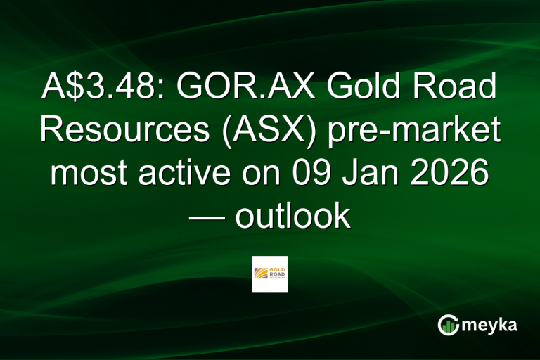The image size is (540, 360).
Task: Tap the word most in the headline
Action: click(88, 174)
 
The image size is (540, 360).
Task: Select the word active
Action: click(186, 174)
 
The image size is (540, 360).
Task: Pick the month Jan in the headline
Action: click(380, 174)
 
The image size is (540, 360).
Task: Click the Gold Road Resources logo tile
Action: click(270, 274)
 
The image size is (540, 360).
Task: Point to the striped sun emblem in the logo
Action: click(263, 273)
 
